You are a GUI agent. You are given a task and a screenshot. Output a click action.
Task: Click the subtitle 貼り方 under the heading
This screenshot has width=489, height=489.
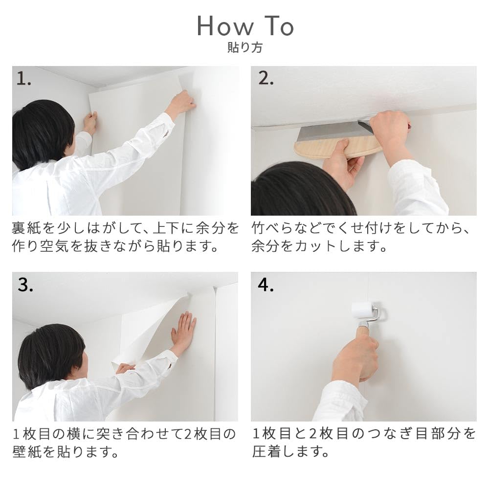pos(244,48)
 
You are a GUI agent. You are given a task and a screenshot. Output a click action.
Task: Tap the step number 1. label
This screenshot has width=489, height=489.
pos(24,79)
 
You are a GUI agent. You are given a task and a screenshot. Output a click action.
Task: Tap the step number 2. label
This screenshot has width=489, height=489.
pos(266,79)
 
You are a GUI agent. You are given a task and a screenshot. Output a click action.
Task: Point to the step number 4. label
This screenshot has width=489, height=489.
pos(266,286)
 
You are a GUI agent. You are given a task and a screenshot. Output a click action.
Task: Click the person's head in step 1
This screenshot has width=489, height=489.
pos(42,132)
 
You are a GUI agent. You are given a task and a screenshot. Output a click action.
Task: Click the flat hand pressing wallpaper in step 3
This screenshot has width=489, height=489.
pos(184,333)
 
